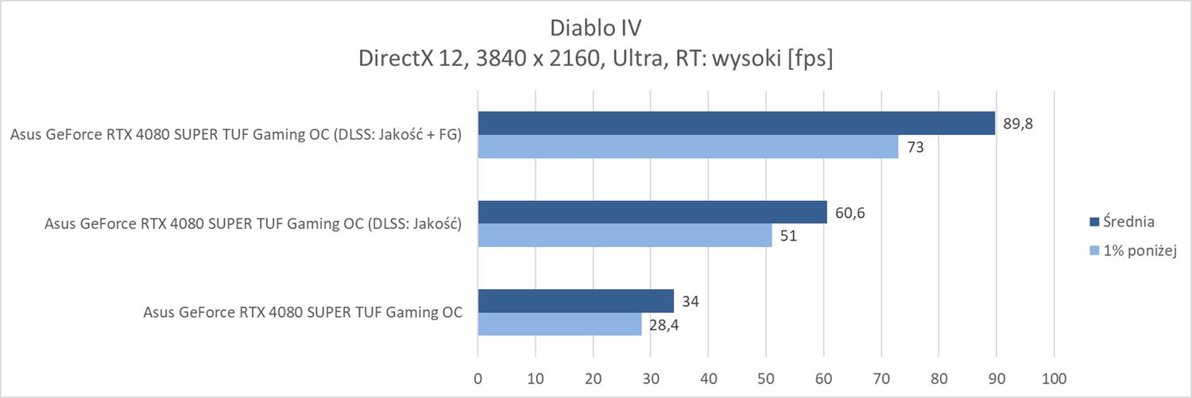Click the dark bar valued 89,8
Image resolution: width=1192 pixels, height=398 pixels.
(x=736, y=123)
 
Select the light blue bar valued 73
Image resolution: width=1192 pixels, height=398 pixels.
(x=687, y=147)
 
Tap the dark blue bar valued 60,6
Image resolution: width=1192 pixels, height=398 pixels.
(x=652, y=212)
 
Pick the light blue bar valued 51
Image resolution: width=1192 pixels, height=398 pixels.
(x=625, y=235)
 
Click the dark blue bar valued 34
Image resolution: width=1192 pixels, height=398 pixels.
(x=575, y=301)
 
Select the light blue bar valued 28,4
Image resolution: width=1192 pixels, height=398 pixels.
(x=559, y=324)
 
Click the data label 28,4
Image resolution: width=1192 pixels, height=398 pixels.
(x=664, y=325)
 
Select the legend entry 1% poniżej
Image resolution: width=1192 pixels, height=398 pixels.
(x=1138, y=251)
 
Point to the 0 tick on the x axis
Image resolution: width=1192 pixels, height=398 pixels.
(x=478, y=378)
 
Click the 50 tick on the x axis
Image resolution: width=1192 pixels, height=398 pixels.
(x=766, y=378)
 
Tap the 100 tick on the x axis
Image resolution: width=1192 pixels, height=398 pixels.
(x=1054, y=378)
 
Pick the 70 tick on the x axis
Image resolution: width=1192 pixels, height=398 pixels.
(x=881, y=378)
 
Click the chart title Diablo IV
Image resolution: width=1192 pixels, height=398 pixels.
(x=595, y=28)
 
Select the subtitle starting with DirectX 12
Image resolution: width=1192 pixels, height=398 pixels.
(x=595, y=60)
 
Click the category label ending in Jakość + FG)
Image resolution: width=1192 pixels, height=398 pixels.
(x=236, y=135)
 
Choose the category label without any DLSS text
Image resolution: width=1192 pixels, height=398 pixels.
(x=303, y=312)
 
